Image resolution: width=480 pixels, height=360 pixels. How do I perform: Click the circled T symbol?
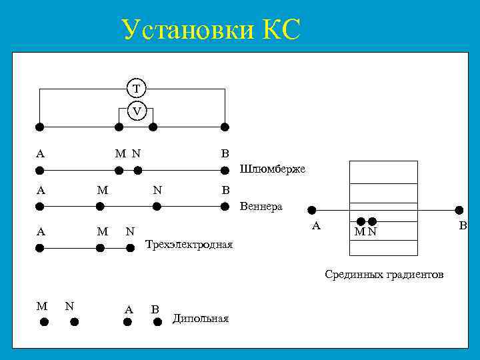(137, 88)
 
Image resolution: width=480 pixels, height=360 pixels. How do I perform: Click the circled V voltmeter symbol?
(137, 111)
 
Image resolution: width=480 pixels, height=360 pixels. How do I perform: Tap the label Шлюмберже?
(272, 169)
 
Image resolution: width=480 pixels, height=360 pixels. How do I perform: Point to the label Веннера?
(261, 207)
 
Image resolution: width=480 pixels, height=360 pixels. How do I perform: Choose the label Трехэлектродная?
(189, 245)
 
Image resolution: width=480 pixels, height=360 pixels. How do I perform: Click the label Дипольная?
(200, 319)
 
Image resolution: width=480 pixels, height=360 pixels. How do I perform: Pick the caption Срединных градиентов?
(384, 275)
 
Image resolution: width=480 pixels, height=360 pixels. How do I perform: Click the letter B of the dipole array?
(155, 309)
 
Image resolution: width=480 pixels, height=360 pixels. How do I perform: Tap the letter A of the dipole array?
(129, 309)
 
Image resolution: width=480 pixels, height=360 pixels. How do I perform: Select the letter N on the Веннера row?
(157, 190)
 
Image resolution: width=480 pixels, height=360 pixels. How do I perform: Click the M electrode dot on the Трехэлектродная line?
(100, 248)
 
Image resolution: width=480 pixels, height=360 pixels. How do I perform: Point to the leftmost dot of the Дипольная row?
(44, 321)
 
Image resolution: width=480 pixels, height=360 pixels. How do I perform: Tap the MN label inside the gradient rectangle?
(365, 232)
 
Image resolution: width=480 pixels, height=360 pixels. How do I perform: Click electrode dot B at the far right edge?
(459, 209)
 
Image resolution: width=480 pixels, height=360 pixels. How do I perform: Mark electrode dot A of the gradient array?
(311, 209)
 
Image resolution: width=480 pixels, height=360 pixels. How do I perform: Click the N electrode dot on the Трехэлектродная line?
(131, 248)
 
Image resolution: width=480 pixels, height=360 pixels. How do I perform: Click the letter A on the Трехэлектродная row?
(40, 232)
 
